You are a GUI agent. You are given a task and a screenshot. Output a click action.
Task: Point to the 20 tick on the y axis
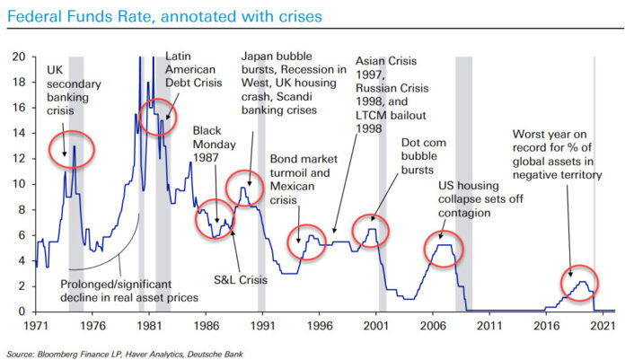[x=18, y=56]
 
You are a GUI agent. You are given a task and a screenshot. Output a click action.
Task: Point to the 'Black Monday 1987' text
[x=214, y=143]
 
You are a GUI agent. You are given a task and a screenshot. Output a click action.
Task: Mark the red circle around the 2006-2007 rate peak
[x=442, y=245]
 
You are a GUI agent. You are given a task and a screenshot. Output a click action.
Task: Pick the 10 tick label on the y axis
[x=18, y=183]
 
